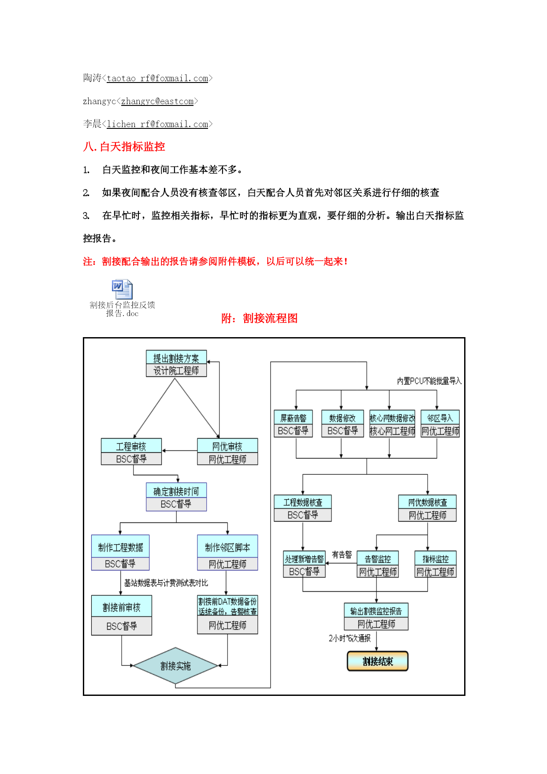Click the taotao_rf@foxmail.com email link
pos(157,79)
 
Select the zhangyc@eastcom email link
pos(157,101)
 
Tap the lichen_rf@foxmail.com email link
pos(157,124)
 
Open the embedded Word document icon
pos(122,289)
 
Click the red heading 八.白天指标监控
pos(124,147)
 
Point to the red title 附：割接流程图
pos(259,318)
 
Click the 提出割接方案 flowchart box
pos(176,364)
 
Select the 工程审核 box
pos(131,451)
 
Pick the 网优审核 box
pos(227,451)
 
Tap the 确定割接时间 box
pos(176,497)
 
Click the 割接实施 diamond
pos(175,666)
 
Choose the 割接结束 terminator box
pos(378,661)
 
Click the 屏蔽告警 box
pos(293,424)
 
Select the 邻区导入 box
pos(440,424)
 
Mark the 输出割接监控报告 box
pos(376,616)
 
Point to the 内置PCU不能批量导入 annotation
pos(429,381)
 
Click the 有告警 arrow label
pos(342,555)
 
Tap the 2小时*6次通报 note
pos(350,638)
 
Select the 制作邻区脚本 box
pos(227,552)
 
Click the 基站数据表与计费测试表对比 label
pos(166,583)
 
